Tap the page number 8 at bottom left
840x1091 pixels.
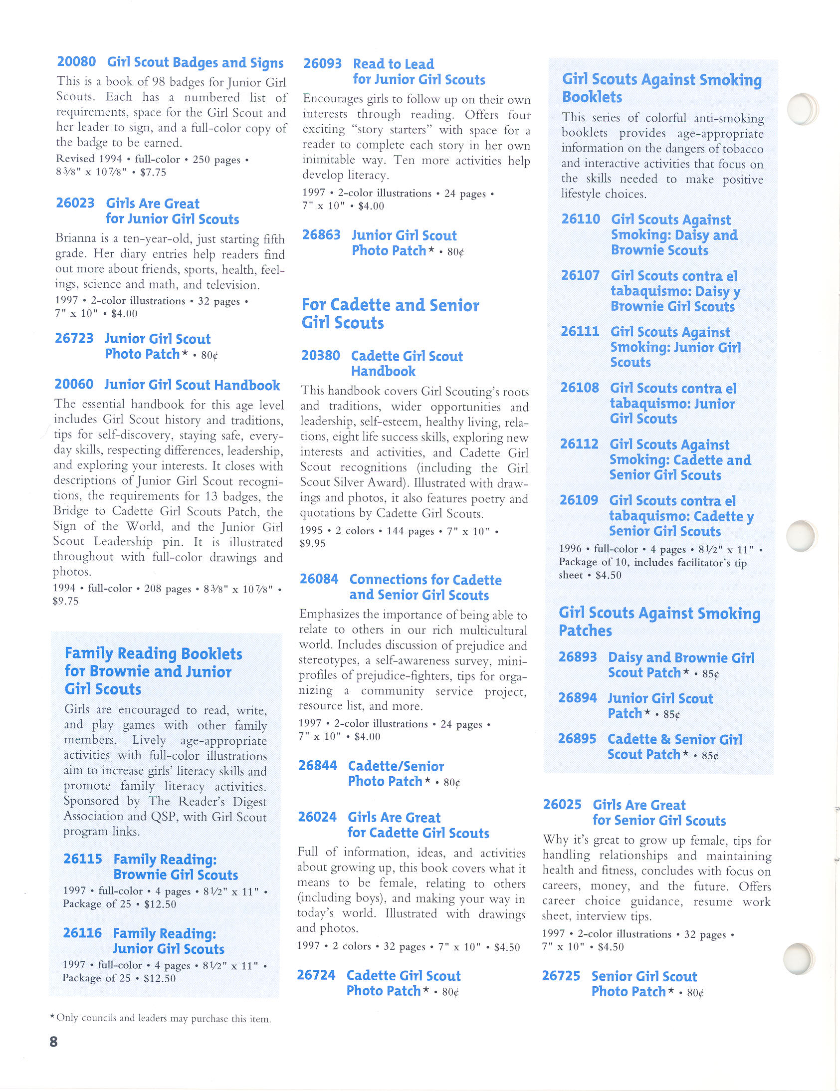click(54, 1042)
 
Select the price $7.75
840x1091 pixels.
click(153, 173)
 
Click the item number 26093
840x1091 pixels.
click(323, 63)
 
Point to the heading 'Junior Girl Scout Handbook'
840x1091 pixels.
click(192, 385)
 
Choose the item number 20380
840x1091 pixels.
click(321, 356)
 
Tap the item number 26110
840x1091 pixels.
click(580, 219)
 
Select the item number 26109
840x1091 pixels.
click(578, 500)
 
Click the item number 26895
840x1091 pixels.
click(577, 739)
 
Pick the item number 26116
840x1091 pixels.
click(82, 933)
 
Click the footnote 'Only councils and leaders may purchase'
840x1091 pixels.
click(163, 1019)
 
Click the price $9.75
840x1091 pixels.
click(65, 602)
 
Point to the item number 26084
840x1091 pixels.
click(319, 579)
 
